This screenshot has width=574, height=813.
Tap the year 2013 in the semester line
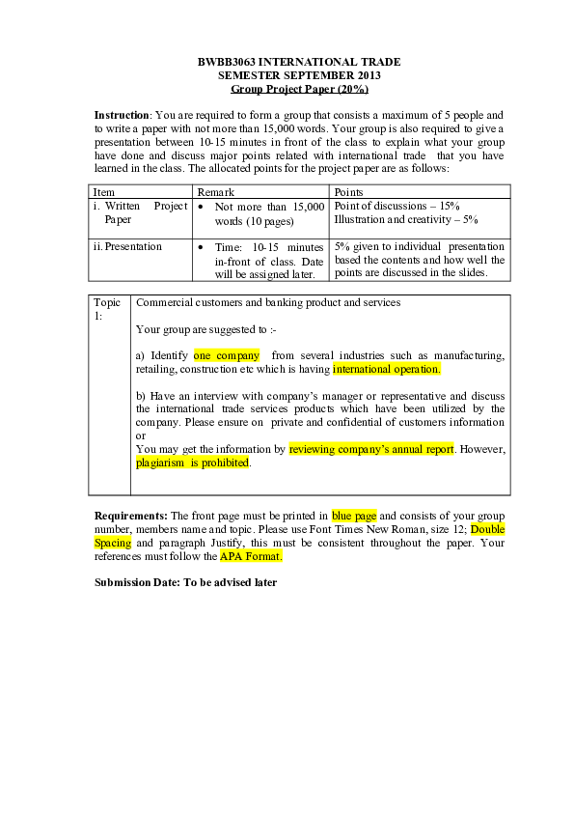369,75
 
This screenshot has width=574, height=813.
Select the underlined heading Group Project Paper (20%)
299,89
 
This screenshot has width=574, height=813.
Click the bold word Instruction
122,115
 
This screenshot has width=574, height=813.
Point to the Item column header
103,192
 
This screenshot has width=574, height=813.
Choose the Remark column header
215,192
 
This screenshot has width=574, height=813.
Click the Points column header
348,192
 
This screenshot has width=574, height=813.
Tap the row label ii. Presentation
127,247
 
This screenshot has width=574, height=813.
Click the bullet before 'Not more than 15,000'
201,207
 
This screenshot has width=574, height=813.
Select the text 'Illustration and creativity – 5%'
405,220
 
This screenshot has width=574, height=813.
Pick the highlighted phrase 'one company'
227,355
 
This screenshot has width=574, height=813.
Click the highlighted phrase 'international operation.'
387,369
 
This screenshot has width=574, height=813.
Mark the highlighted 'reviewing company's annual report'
371,449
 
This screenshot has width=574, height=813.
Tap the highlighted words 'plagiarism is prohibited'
192,463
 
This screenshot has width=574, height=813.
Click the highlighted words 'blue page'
354,516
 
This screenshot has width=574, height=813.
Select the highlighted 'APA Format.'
251,556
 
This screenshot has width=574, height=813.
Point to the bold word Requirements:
131,516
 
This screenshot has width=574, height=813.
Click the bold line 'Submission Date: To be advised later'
185,583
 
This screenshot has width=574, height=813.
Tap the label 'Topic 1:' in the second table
107,309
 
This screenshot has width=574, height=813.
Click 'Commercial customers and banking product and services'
268,303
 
